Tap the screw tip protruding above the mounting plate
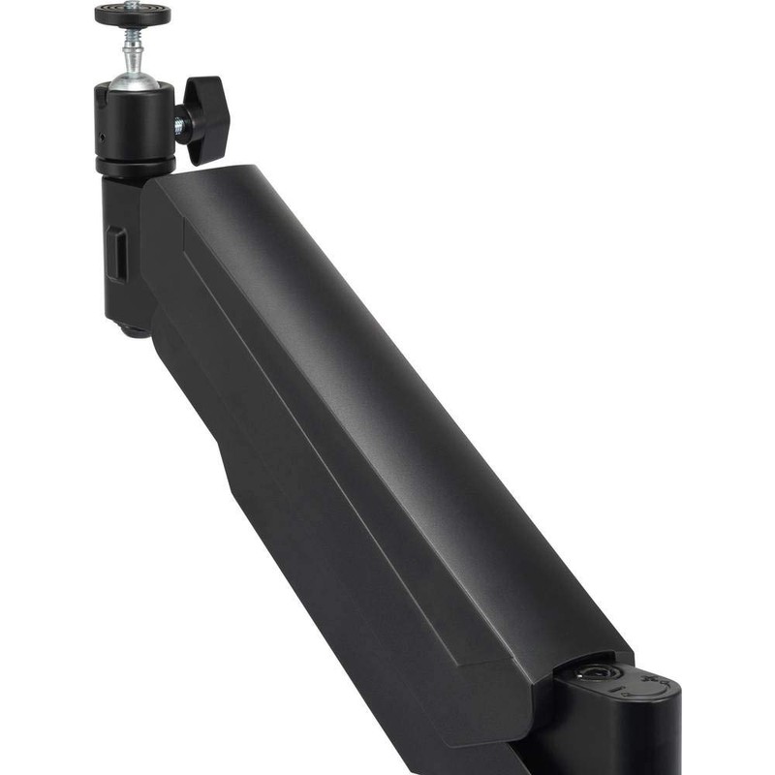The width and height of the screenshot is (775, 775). click(133, 4)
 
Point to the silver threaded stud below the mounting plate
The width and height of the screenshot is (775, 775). click(133, 45)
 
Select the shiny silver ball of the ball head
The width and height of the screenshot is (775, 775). click(134, 77)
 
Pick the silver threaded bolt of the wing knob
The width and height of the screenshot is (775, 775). click(180, 124)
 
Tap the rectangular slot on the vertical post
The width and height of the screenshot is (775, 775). click(115, 254)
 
